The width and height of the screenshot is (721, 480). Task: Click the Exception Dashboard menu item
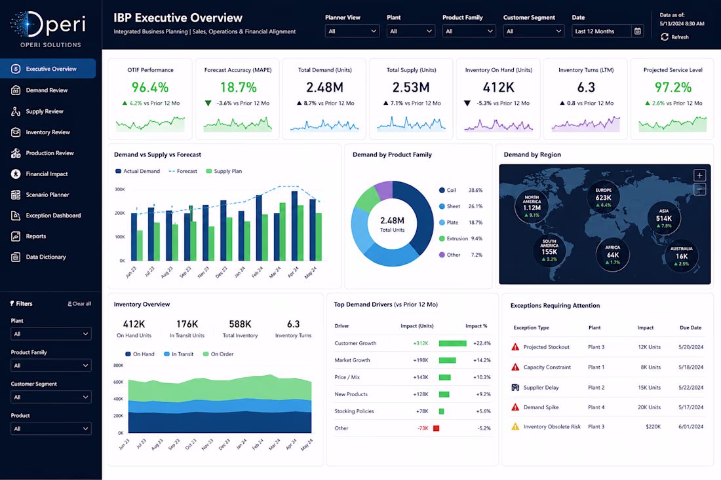point(45,215)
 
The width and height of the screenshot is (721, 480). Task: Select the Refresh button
point(674,37)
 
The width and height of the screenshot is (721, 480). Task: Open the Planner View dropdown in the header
point(352,31)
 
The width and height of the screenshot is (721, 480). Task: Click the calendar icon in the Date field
point(637,31)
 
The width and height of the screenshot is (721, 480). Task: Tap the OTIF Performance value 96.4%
point(150,87)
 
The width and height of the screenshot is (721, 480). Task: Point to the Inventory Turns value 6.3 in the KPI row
point(586,87)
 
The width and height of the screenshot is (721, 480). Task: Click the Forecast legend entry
point(183,172)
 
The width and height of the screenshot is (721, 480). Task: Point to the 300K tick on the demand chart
point(119,189)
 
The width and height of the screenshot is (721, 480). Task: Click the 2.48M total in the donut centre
point(392,221)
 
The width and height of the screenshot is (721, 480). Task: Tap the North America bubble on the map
point(532,206)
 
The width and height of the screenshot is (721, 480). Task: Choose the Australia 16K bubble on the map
point(682,255)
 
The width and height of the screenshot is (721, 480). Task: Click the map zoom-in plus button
point(699,175)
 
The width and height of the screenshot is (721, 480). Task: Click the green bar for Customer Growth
point(452,343)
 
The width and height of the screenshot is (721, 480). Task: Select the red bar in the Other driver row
point(437,428)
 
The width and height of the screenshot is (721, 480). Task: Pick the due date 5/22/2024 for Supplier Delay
point(691,388)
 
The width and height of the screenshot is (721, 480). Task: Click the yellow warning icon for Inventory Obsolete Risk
point(515,427)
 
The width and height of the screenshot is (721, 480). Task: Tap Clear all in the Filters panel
point(79,304)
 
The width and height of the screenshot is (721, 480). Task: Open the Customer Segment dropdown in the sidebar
point(51,397)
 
